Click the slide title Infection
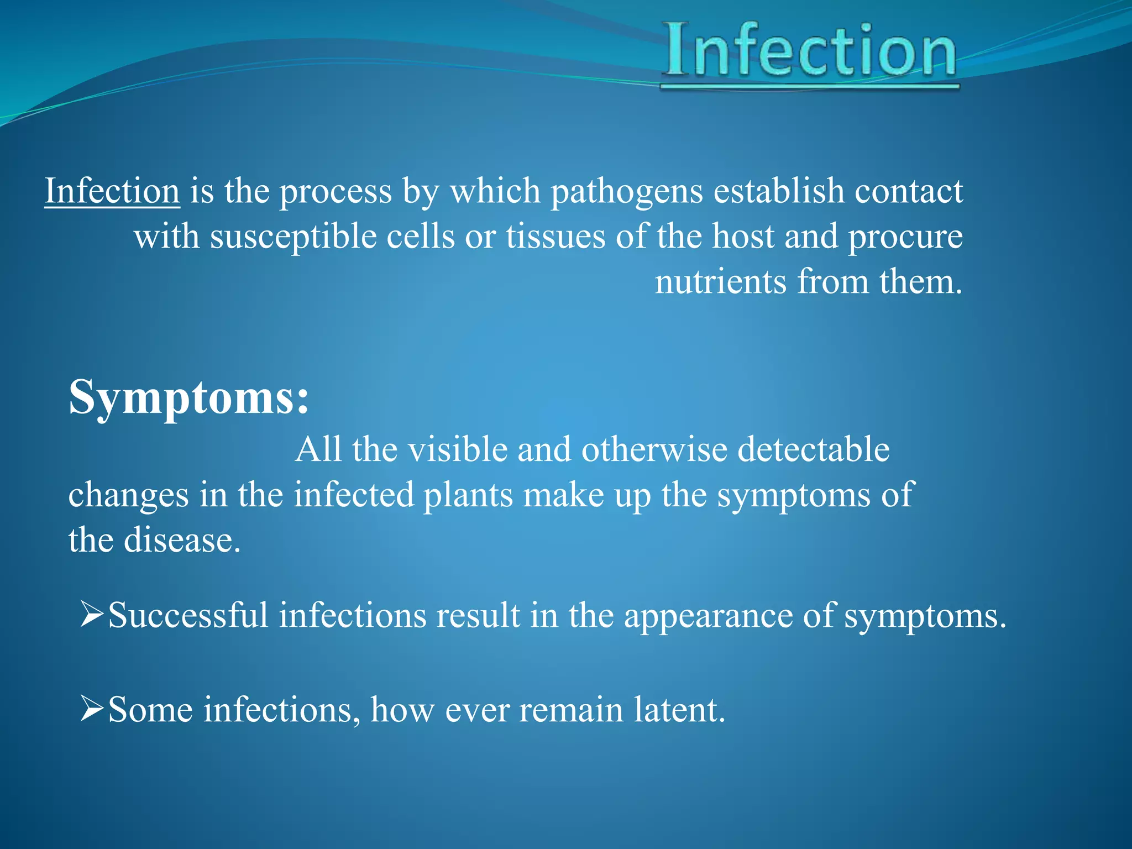[x=810, y=51]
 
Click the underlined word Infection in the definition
[x=112, y=191]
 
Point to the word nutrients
[x=720, y=282]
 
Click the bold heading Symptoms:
[x=188, y=397]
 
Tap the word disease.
[x=182, y=540]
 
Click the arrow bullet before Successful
[x=92, y=614]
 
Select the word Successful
[x=188, y=615]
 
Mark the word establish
[x=779, y=191]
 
